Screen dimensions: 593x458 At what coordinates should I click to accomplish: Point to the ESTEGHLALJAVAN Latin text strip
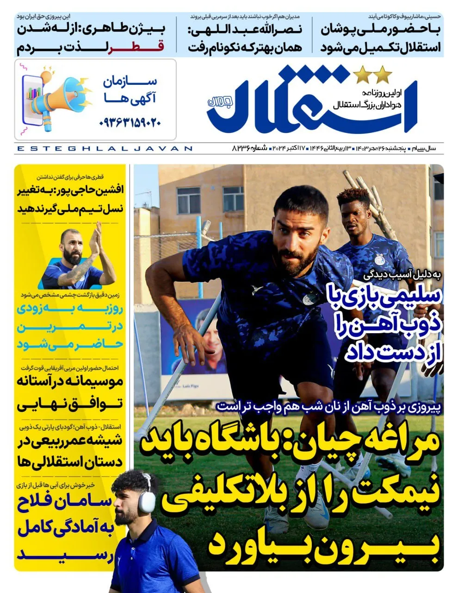104,149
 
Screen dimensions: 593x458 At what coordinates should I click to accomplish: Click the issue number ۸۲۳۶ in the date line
242,148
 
